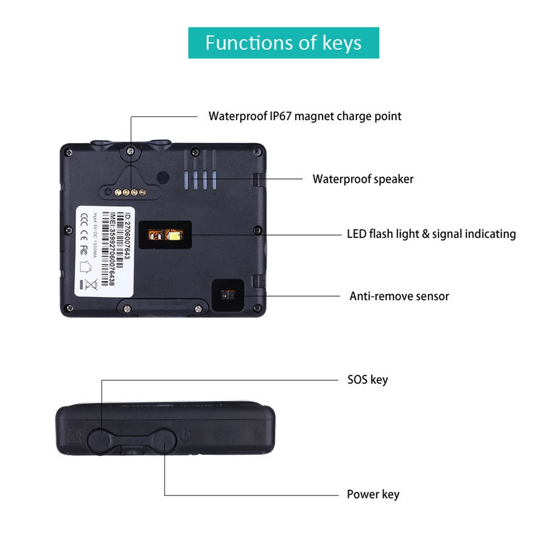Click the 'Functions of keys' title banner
283,43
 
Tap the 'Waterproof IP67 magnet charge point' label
304,116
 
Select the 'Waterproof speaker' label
363,179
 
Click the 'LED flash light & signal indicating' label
431,234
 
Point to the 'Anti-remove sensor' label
399,296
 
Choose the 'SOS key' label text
368,380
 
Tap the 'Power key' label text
373,494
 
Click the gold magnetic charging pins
130,192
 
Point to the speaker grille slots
200,179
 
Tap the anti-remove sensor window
228,295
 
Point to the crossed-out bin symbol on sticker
91,284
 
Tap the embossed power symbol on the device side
185,435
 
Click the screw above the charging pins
130,151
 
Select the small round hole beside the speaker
163,177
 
